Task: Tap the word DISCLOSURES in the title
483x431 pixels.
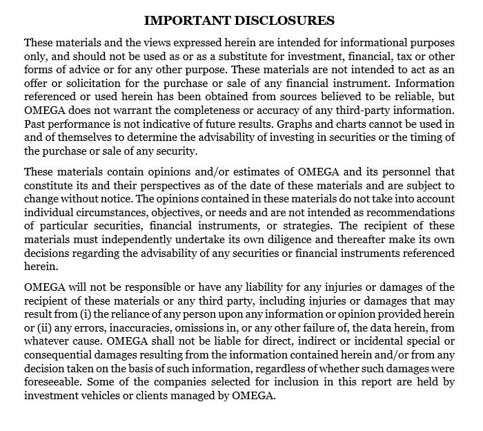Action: [x=285, y=20]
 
